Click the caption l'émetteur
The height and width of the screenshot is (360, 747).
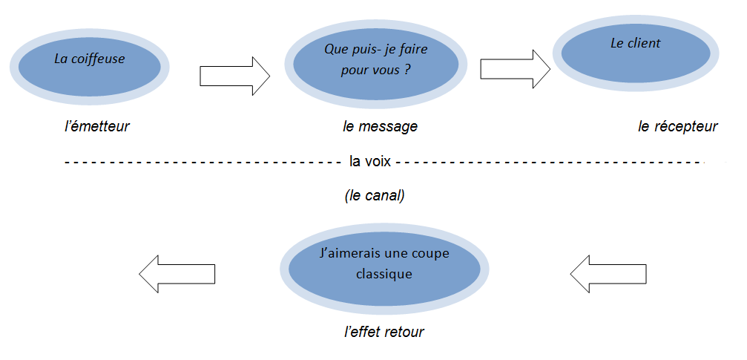(96, 126)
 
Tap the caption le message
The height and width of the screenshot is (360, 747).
(380, 127)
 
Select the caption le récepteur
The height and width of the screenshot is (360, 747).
(677, 127)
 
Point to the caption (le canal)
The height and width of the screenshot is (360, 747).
(375, 197)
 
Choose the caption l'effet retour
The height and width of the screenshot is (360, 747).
(384, 332)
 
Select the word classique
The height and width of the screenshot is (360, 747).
(384, 274)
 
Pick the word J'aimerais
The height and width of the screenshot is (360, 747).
(348, 253)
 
